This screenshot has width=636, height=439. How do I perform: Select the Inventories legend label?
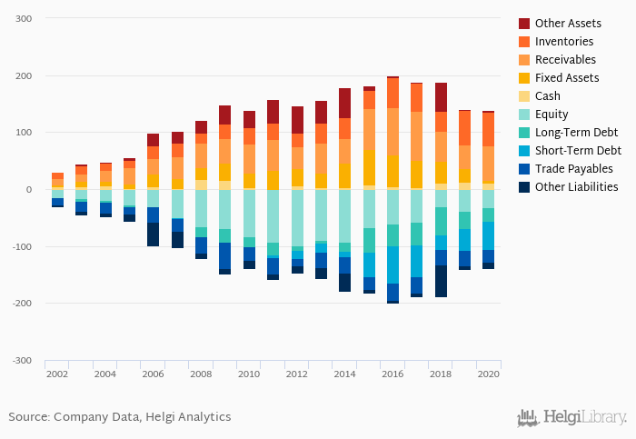[564, 41]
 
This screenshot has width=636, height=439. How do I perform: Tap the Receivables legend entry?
[565, 59]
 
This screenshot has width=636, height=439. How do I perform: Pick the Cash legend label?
[548, 95]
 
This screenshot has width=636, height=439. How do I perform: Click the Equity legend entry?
[552, 114]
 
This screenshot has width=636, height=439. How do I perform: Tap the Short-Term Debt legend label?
[578, 150]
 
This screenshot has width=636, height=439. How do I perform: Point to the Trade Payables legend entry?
[573, 168]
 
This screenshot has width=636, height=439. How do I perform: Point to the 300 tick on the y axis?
[25, 19]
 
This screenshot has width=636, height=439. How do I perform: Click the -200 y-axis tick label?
[22, 304]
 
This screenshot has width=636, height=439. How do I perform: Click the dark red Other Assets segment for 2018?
[441, 97]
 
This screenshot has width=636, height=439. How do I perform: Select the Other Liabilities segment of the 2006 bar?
[153, 234]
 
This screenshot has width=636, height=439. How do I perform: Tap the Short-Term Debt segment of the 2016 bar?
[393, 264]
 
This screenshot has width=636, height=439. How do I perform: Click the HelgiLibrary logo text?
[584, 417]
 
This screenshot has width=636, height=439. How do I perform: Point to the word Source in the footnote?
[27, 416]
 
